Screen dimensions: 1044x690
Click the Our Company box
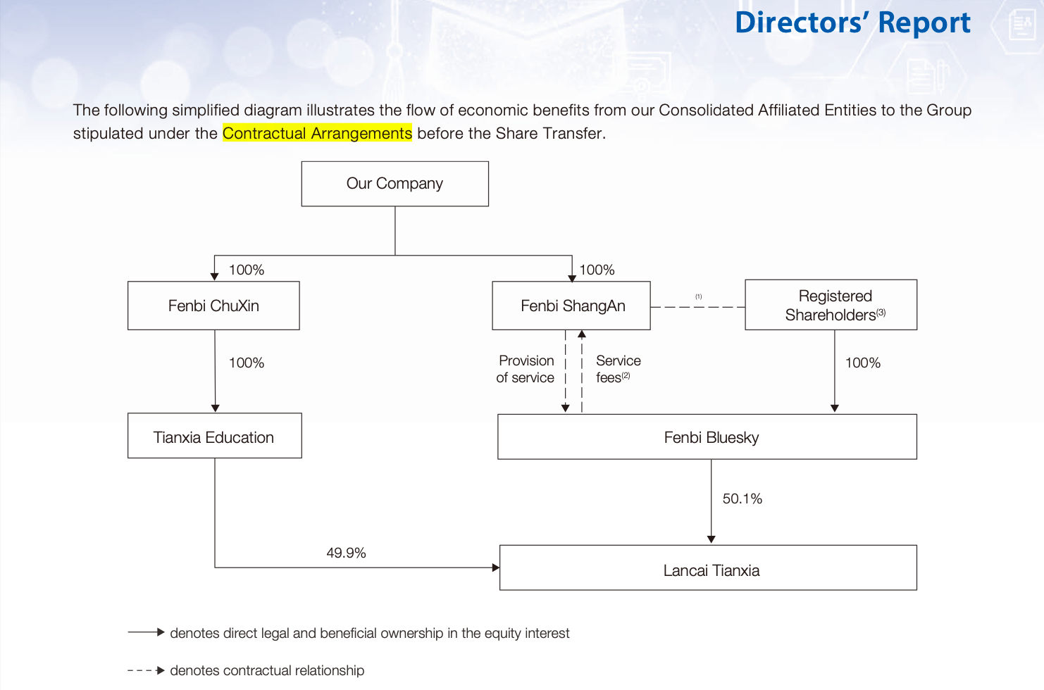pos(394,184)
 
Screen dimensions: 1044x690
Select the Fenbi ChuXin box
pos(213,306)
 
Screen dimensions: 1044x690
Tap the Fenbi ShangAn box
pos(571,306)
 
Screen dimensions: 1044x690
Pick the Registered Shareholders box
pos(831,305)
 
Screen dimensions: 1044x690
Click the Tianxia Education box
pos(214,436)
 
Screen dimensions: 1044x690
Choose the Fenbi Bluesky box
pos(707,437)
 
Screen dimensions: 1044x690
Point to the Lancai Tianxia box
pos(708,568)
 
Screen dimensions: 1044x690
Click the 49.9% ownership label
pos(347,553)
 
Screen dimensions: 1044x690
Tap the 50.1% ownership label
pos(742,499)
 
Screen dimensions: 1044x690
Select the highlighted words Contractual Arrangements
pos(318,133)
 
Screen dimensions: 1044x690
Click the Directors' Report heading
pos(852,23)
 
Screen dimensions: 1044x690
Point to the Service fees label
pos(618,369)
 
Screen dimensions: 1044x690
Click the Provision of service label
pos(526,369)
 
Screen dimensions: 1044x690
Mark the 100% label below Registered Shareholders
pos(863,363)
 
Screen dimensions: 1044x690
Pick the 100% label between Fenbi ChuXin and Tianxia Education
pos(247,363)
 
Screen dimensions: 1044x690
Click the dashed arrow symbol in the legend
pos(147,671)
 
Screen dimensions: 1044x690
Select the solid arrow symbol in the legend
pos(147,633)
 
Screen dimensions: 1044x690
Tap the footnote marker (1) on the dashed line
pos(699,296)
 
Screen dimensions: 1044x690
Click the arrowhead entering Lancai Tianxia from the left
pos(496,567)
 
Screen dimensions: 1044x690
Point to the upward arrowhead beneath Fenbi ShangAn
pos(582,334)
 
